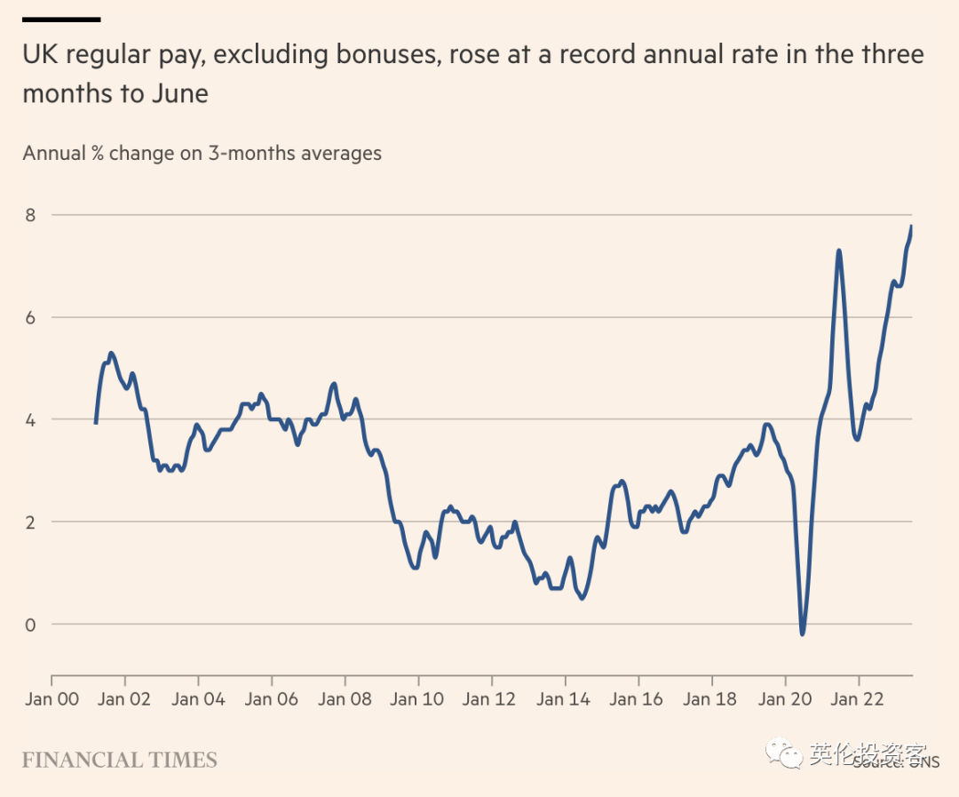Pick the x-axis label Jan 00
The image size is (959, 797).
coord(52,699)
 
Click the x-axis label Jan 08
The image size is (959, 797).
coord(345,699)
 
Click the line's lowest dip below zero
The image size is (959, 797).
coord(803,634)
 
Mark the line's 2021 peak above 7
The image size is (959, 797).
coord(838,251)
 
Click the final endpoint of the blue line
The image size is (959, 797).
coord(912,227)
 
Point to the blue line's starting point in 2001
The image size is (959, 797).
coord(95,423)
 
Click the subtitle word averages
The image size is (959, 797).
coord(341,153)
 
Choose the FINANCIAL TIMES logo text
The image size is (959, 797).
coord(120,761)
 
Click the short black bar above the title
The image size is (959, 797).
coord(61,19)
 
